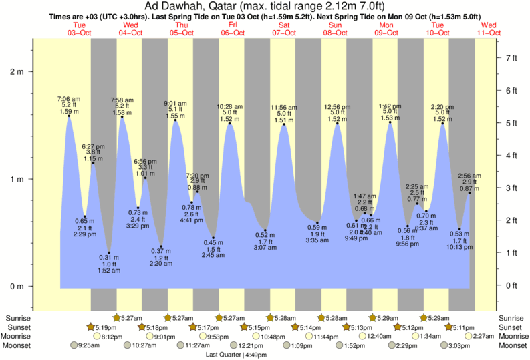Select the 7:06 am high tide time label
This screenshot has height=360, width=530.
click(x=69, y=98)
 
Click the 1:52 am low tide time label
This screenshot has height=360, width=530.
click(x=110, y=271)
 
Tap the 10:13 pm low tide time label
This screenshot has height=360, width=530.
click(x=460, y=246)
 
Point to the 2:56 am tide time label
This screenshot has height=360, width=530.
click(x=470, y=175)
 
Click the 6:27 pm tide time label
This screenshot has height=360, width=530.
click(x=93, y=146)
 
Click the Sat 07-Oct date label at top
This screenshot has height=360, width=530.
click(x=283, y=28)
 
